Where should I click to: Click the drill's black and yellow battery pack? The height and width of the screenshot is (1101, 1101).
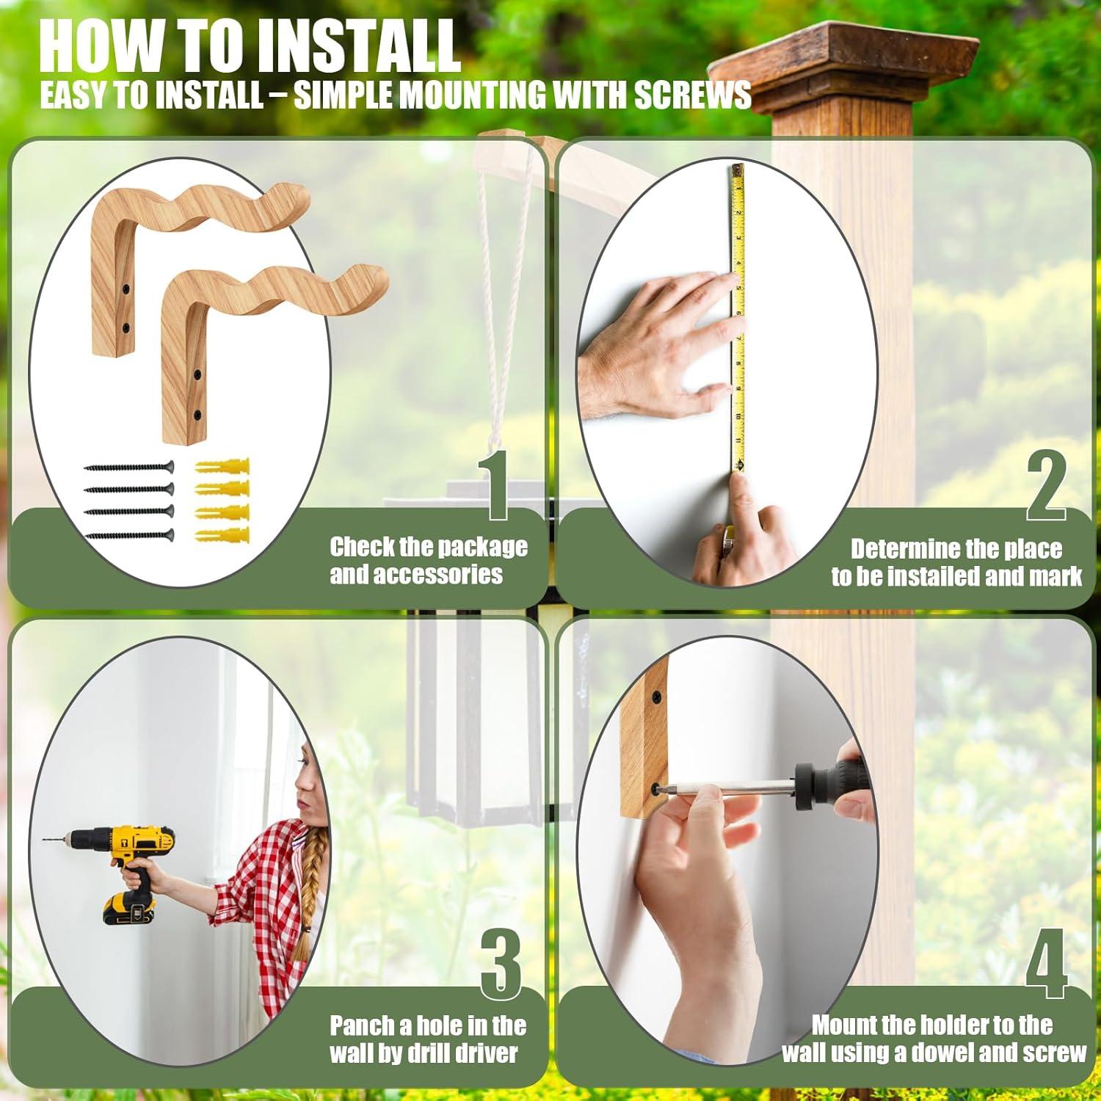[128, 909]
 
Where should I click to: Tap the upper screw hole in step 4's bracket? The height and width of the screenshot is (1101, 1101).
[655, 694]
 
